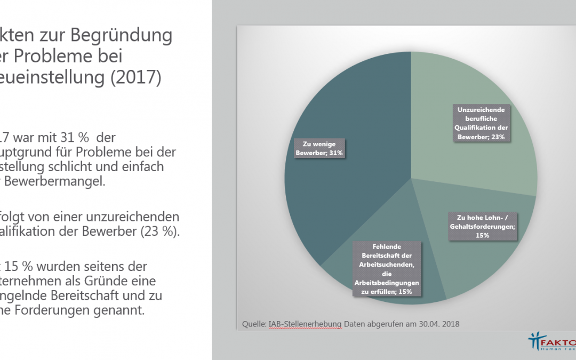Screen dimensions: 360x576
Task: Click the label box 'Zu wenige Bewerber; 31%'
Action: tap(319, 148)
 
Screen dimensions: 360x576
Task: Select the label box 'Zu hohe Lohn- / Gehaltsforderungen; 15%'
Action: tap(486, 226)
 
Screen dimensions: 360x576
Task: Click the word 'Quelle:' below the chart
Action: tap(253, 324)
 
